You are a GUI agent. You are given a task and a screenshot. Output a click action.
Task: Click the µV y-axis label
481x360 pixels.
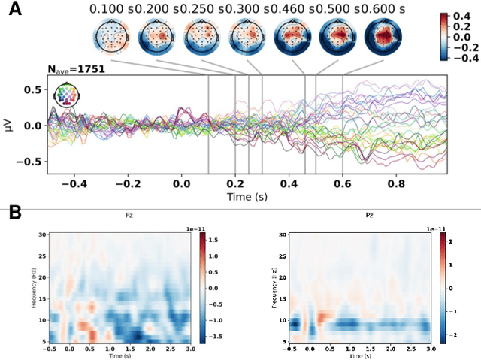point(8,125)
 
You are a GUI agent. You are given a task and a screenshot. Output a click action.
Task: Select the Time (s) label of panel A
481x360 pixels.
point(249,196)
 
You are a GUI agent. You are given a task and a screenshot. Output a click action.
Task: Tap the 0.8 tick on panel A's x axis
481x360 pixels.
point(398,183)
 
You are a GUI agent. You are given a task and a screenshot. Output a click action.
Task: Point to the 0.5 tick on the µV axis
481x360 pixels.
point(30,89)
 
